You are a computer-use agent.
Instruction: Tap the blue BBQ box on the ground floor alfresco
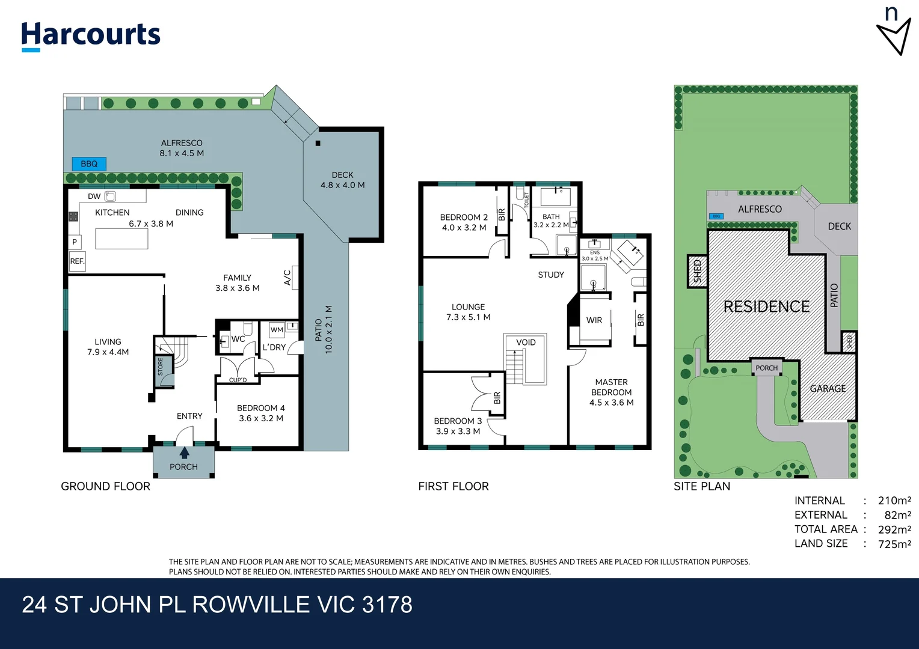coord(89,163)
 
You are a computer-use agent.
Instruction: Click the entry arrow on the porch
coord(184,453)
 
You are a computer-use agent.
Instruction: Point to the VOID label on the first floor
coord(526,343)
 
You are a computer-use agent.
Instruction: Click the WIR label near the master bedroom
coord(594,320)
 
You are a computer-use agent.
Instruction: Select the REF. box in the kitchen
coord(77,261)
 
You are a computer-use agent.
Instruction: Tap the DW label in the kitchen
coord(94,197)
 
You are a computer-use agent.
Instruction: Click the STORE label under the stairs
coord(161,367)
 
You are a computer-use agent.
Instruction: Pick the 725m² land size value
coord(894,544)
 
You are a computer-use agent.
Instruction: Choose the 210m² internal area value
coord(894,501)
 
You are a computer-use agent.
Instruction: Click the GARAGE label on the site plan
coord(828,389)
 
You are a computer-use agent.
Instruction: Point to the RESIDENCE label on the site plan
coord(766,307)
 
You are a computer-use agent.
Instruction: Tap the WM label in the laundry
coord(277,329)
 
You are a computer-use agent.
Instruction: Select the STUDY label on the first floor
coord(551,275)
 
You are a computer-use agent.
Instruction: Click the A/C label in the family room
coord(287,277)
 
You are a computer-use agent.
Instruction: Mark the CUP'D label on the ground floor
coord(238,380)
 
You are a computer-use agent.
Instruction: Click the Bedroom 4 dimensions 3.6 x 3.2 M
coord(261,418)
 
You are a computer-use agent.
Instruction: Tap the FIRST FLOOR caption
coord(453,486)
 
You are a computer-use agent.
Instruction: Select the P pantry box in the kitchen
coord(75,242)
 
